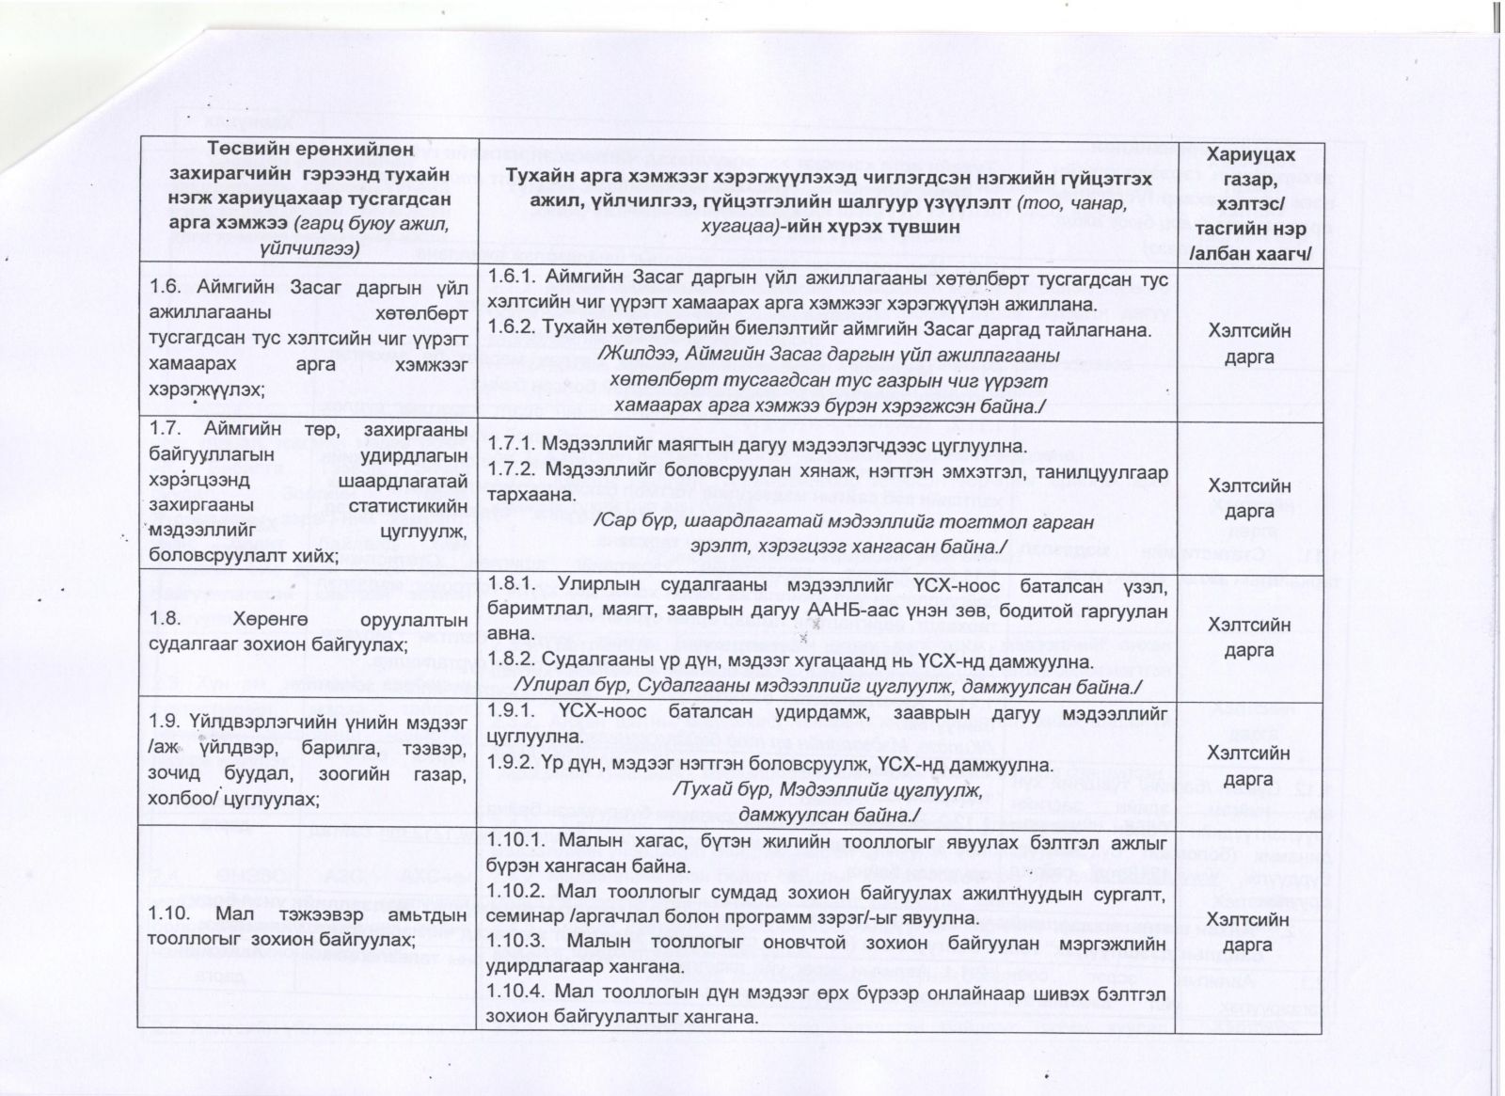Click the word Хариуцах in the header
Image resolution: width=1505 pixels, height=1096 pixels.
click(x=1249, y=155)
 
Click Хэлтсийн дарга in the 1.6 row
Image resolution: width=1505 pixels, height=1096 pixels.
click(x=1249, y=343)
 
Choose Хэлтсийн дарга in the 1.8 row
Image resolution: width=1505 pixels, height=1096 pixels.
click(x=1249, y=637)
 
